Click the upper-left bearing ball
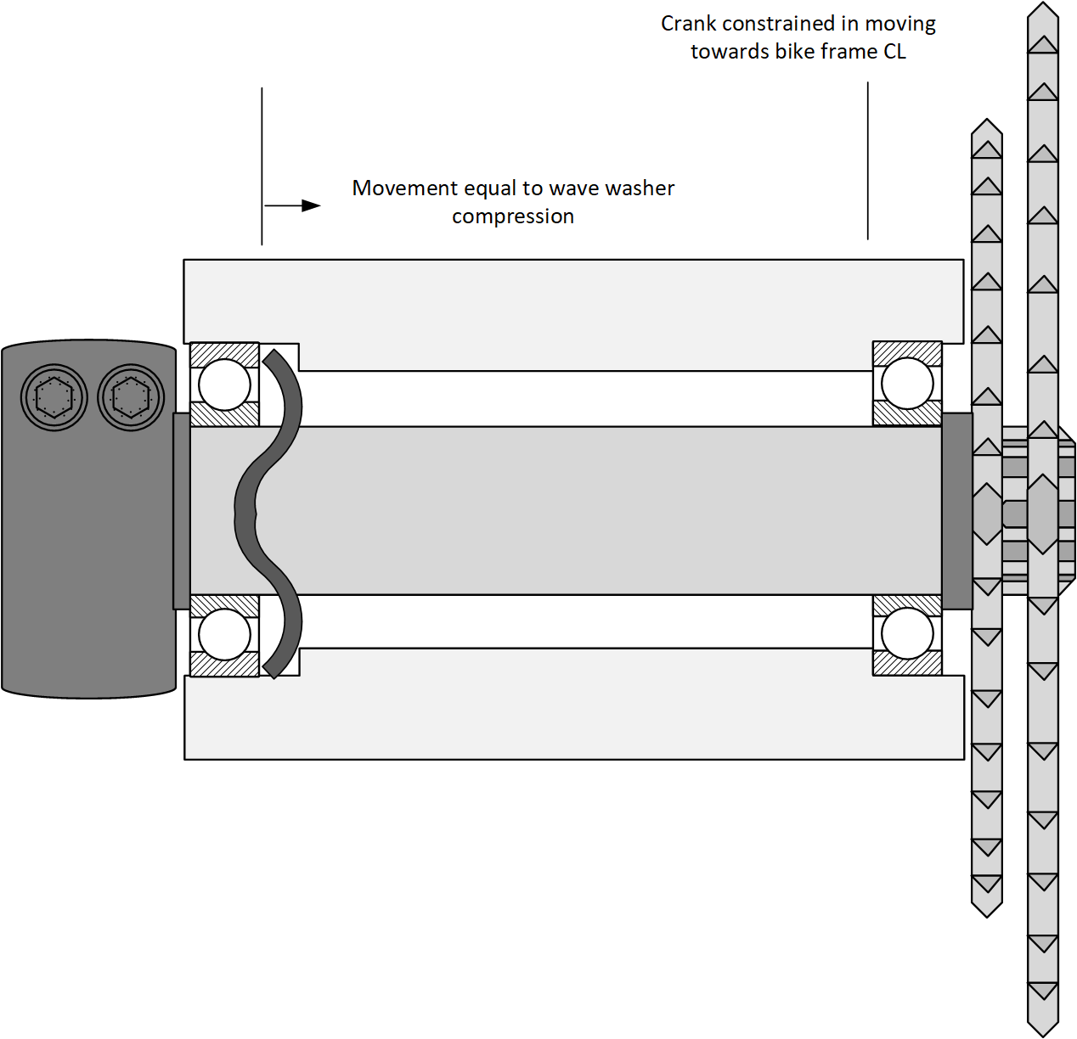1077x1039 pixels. pos(224,384)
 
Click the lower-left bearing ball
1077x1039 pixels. pos(224,634)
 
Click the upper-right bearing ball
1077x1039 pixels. pos(907,383)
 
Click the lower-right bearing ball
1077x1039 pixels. pos(907,633)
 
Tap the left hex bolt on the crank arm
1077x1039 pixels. pos(54,396)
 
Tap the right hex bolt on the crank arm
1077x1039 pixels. pos(130,396)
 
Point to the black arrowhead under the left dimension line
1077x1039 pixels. pos(311,205)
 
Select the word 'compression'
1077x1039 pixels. pos(513,216)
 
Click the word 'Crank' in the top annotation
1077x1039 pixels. pos(688,24)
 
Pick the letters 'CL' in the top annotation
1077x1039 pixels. pos(894,52)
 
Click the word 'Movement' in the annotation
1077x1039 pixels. pos(395,188)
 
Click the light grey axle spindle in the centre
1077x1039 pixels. pos(595,509)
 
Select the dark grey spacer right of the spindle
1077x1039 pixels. pos(957,510)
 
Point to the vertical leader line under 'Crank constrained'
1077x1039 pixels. pos(867,161)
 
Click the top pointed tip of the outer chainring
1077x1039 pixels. pos(1043,7)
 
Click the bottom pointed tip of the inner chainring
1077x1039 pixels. pos(987,913)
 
